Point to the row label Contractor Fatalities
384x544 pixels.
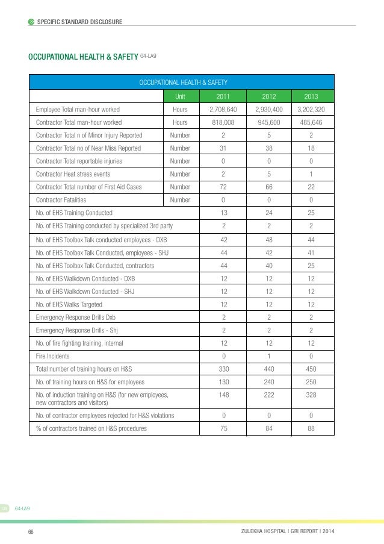[x=61, y=199]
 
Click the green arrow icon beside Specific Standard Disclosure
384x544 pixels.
[x=31, y=22]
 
